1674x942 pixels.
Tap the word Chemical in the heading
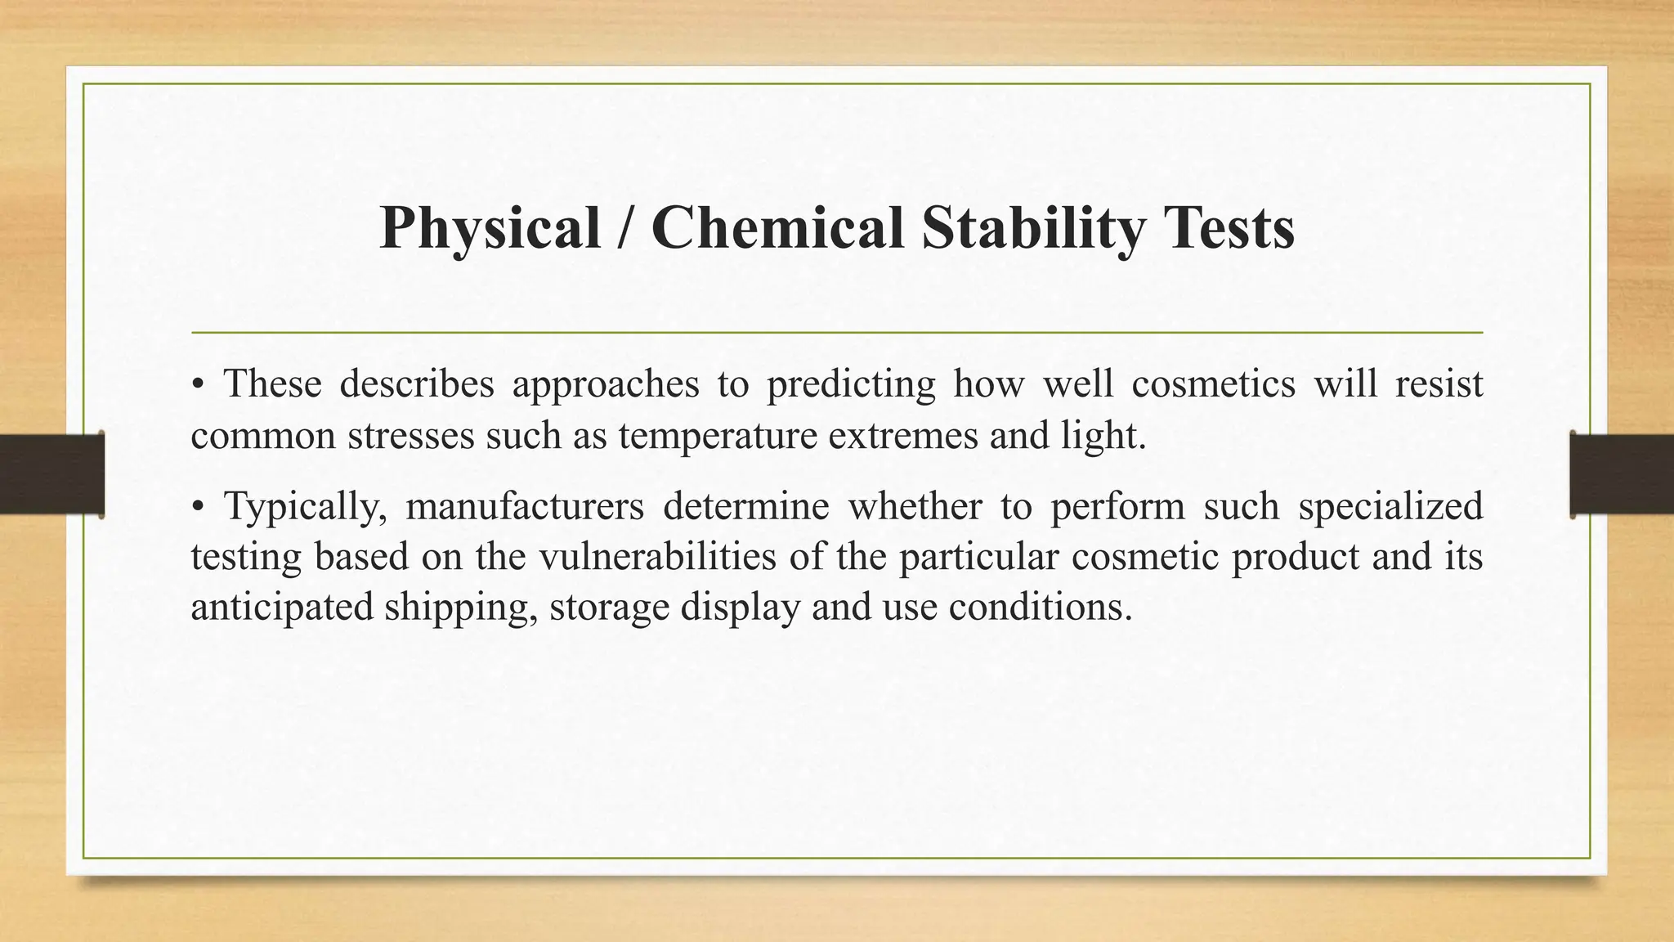point(777,228)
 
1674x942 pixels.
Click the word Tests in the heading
point(1229,228)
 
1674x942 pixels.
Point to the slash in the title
point(626,228)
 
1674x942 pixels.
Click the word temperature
point(718,436)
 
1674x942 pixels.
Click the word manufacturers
point(525,506)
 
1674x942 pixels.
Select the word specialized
point(1390,506)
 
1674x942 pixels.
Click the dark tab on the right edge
point(1622,474)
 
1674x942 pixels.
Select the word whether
point(914,506)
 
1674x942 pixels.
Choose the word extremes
point(903,436)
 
